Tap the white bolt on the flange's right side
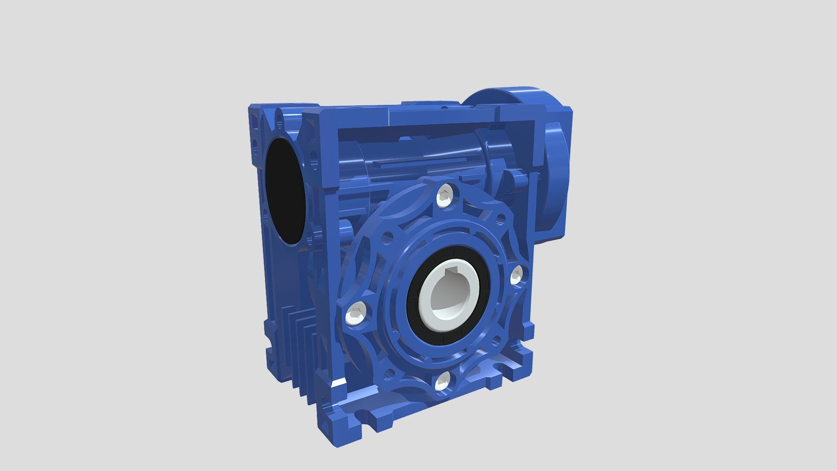516,275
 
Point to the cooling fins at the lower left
301,345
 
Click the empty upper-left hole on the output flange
387,238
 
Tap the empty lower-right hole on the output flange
496,341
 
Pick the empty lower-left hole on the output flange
389,375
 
